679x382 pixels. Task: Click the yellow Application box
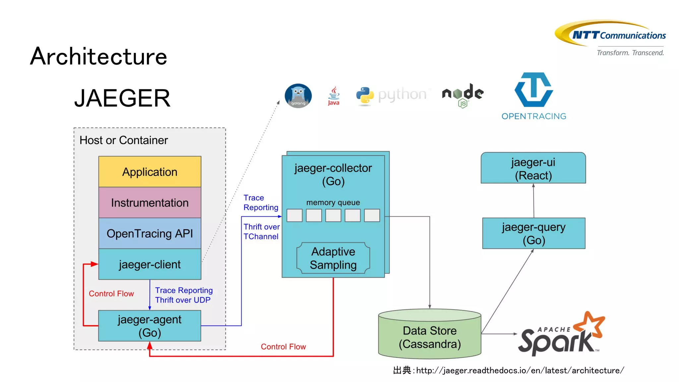150,172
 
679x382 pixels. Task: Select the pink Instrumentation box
150,203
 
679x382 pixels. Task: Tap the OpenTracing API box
150,233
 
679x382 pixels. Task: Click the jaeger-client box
150,264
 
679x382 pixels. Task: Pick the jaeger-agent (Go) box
150,326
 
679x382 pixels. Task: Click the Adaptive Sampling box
333,258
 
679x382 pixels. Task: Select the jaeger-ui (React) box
533,168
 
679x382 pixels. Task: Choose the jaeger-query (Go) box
533,233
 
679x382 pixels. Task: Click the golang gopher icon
298,95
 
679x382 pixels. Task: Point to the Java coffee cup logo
334,95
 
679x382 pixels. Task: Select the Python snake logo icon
365,95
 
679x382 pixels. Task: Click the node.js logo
463,95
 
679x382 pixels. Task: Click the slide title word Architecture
98,56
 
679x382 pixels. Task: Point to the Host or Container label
124,140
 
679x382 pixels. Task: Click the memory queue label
333,203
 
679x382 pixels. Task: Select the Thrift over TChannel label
261,231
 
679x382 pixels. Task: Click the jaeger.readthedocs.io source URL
520,370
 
